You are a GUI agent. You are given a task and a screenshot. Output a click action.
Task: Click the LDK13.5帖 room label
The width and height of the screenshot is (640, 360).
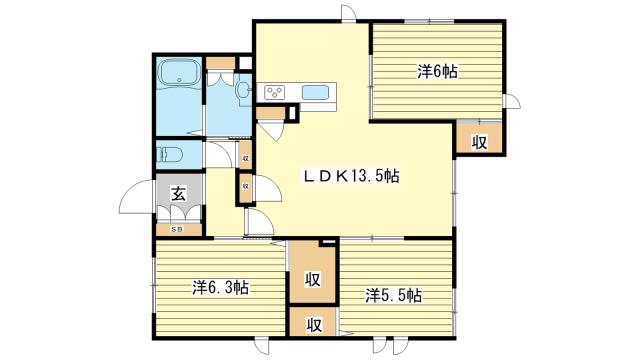pos(350,176)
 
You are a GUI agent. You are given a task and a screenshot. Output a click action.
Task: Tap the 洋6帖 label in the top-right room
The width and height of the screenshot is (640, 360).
pos(437,72)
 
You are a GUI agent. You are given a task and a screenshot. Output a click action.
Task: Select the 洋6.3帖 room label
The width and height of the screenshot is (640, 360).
pos(220,287)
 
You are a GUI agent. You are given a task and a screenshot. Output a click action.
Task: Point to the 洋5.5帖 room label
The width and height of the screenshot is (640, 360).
pos(393,296)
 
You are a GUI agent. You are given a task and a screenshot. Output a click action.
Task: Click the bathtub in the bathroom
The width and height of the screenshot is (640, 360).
pos(179,71)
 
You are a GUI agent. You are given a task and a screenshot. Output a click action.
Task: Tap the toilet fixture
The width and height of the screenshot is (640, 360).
pos(169,155)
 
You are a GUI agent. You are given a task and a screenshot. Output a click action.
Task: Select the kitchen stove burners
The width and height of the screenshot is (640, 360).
pos(274,92)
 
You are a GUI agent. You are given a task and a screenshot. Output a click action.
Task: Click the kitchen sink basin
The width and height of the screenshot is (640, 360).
pos(315,92)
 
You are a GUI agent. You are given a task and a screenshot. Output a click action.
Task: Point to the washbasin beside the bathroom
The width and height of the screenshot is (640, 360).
pos(243,90)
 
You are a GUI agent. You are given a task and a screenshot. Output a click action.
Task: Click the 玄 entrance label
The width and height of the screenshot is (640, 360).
pos(178,193)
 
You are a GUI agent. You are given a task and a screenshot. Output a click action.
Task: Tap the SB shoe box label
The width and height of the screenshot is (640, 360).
pos(177,229)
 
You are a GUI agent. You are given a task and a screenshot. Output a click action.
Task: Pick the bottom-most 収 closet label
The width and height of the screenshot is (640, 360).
pos(314,325)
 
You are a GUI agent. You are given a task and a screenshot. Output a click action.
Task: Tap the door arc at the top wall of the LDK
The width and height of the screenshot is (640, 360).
pos(349,12)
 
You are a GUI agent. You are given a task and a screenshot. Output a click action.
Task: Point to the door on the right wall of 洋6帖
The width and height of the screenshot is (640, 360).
pos(513,101)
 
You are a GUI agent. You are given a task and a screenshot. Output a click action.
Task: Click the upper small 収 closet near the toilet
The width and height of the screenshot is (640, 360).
pos(245,157)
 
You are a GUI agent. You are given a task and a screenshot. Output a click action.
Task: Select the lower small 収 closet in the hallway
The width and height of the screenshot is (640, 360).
pos(245,186)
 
